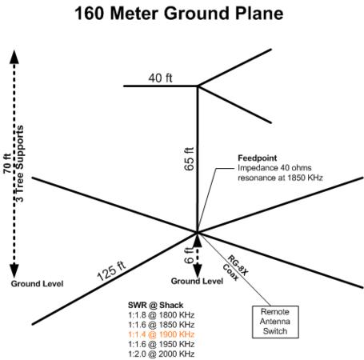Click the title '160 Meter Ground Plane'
(x=179, y=13)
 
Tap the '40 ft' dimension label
(x=160, y=78)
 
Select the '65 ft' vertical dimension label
(x=189, y=159)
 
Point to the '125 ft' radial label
(x=111, y=271)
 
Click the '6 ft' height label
(x=189, y=255)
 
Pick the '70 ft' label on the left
(x=7, y=163)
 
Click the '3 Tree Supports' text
(x=19, y=163)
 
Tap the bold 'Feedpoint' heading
(x=258, y=158)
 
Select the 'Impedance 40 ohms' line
(x=274, y=168)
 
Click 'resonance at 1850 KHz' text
(x=280, y=178)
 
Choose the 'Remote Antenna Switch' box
(x=275, y=322)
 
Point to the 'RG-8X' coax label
(x=238, y=266)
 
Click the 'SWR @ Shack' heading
(x=155, y=305)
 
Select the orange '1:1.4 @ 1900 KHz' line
(x=162, y=334)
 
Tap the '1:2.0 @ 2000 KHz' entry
(x=162, y=354)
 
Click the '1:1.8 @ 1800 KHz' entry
(x=162, y=315)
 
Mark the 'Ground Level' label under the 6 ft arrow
(x=197, y=281)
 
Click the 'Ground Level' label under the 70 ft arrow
(x=37, y=284)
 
